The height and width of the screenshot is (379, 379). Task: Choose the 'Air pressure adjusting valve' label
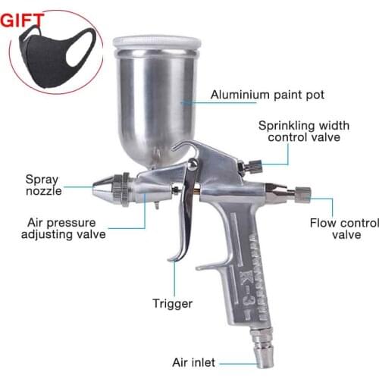[67, 228]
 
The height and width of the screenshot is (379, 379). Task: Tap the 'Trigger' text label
[171, 304]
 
